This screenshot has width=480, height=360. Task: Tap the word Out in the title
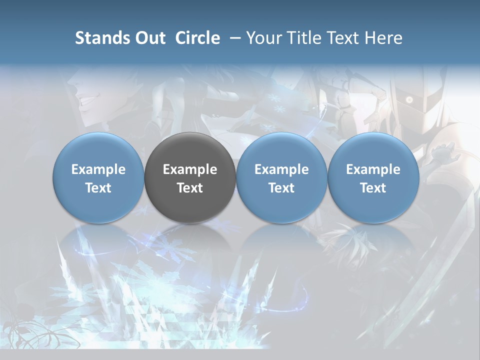(x=149, y=38)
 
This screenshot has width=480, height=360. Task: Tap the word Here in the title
(x=383, y=38)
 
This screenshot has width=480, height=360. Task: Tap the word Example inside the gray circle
(x=190, y=169)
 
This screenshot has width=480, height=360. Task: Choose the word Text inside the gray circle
(x=190, y=188)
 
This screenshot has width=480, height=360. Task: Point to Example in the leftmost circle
(x=98, y=169)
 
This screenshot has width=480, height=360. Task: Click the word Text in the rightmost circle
(x=373, y=188)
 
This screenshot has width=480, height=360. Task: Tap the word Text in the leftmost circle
(x=98, y=188)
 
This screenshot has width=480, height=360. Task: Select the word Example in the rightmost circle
(x=373, y=169)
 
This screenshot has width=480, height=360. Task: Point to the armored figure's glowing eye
(x=409, y=100)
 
